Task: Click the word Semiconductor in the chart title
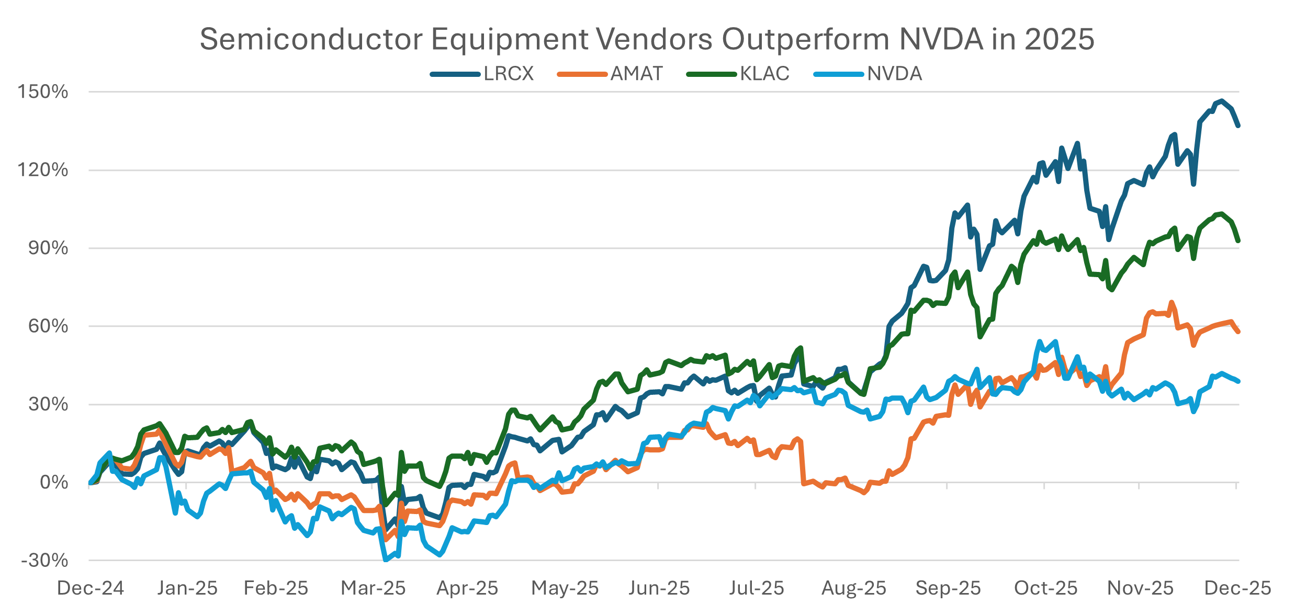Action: (x=311, y=39)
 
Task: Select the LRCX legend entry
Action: (x=508, y=74)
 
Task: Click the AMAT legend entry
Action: (x=636, y=74)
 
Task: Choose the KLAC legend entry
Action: (x=764, y=74)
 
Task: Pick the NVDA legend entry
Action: (x=894, y=74)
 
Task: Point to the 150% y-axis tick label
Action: (x=43, y=92)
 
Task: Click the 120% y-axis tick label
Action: (x=43, y=170)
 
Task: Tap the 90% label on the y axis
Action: (x=48, y=248)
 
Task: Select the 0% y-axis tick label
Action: (x=54, y=482)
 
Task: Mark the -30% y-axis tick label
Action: (x=45, y=561)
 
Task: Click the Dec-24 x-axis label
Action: (x=91, y=588)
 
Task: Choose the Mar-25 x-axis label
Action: (x=373, y=588)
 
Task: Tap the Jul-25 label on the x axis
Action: (x=757, y=588)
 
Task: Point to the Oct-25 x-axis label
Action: (x=1045, y=588)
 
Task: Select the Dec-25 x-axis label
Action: (x=1237, y=588)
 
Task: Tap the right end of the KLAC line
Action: (x=1238, y=241)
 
